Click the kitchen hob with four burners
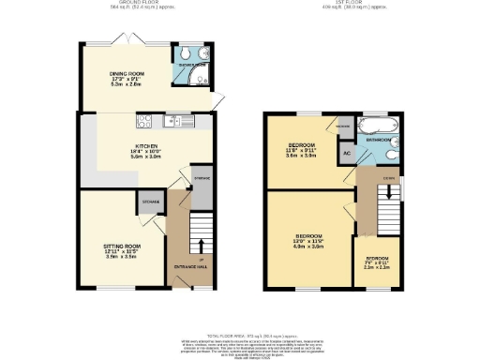(x=144, y=120)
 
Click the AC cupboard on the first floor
(x=347, y=153)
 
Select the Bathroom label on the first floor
(x=380, y=140)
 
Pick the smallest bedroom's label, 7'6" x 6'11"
(x=378, y=262)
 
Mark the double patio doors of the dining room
(x=123, y=39)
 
